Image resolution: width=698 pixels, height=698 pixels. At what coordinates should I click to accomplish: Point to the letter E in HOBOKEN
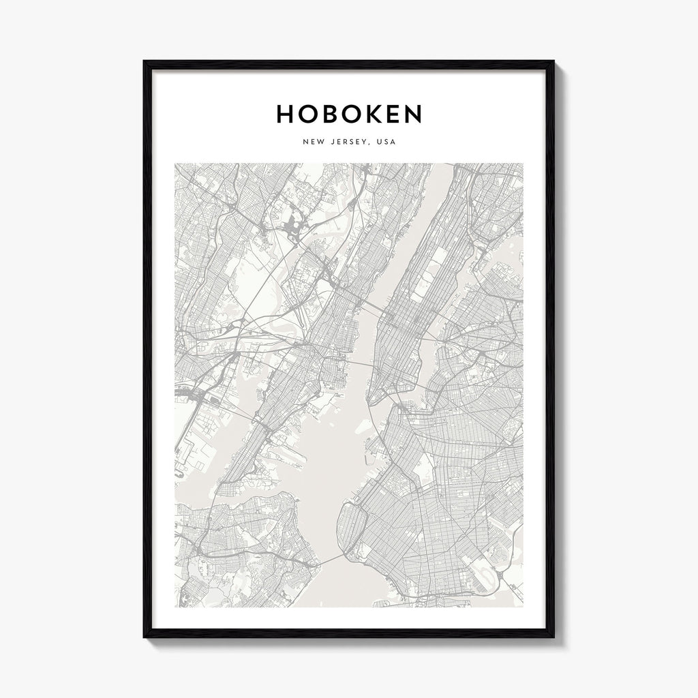[x=395, y=115]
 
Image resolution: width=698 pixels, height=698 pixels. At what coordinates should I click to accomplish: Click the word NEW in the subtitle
[x=311, y=142]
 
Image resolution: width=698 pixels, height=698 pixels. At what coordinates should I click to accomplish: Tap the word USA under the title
[x=386, y=142]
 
